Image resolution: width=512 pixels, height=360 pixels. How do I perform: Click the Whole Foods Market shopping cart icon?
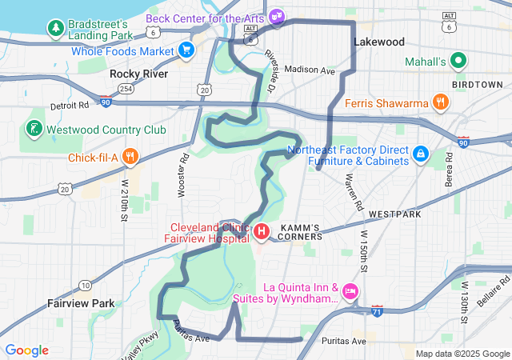point(186,50)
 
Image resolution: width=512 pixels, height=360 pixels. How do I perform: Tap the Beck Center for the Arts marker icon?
point(277,16)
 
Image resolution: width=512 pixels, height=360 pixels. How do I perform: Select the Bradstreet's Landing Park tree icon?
point(56,29)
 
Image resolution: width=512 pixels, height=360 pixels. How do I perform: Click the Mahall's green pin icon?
point(458,61)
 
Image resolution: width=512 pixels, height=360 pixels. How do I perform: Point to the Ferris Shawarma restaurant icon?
point(439,102)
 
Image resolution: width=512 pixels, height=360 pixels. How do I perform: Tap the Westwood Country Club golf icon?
point(33,129)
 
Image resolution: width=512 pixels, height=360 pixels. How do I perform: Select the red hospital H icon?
point(262,232)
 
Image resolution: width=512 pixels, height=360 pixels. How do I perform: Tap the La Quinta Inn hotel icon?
point(350,292)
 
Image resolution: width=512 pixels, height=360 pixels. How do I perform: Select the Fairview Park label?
point(81,303)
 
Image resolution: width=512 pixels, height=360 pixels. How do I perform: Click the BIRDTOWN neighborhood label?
point(477,84)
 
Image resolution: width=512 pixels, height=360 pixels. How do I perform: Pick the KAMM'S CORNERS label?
point(299,231)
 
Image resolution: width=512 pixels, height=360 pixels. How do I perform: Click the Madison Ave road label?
point(309,70)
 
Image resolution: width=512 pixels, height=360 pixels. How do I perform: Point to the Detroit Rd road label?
point(69,105)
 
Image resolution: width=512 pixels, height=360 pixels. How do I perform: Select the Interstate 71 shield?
point(377,310)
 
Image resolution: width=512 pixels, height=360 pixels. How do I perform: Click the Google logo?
point(26,350)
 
